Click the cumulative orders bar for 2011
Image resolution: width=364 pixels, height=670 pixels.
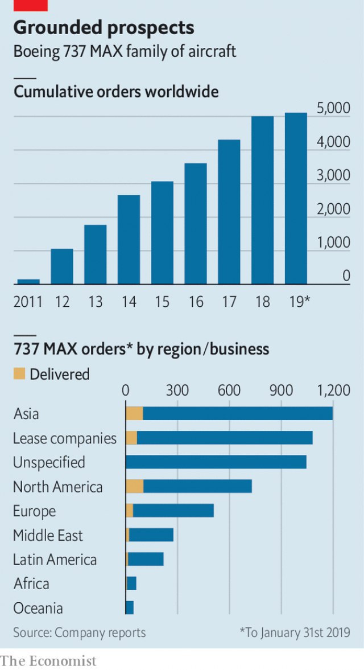pos(28,282)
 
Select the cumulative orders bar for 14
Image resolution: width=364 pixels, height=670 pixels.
pos(129,239)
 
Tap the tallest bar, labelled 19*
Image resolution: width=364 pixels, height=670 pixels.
pos(296,198)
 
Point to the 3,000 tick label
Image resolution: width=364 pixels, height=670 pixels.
pos(333,176)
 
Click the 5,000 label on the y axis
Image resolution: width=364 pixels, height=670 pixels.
pos(333,109)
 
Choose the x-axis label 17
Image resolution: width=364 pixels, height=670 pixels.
pos(229,302)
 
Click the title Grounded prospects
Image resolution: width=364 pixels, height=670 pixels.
pos(104,28)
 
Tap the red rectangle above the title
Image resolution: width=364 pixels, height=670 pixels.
pos(30,6)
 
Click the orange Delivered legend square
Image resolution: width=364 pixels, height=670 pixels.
pos(19,374)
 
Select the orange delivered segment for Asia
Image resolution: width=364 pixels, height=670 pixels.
pos(134,414)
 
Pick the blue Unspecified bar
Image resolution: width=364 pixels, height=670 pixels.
pos(216,462)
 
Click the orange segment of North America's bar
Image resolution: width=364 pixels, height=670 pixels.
pos(134,486)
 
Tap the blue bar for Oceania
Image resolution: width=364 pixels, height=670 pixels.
pos(130,607)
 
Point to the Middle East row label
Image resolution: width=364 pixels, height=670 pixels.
pos(48,536)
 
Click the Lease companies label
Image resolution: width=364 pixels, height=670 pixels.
pos(64,438)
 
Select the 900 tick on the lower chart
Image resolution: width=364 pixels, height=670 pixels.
pos(281,391)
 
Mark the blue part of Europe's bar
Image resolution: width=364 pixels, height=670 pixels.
pos(173,511)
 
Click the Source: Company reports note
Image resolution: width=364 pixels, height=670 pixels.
pos(80,632)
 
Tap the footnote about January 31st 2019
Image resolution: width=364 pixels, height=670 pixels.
pos(295,632)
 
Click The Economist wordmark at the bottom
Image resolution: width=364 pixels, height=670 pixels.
pos(48,660)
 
